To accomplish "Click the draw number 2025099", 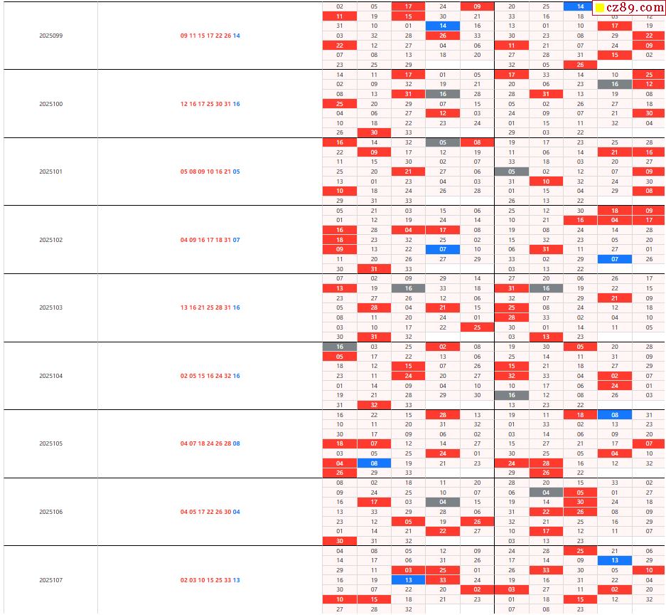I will [x=51, y=36].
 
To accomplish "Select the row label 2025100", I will [x=51, y=104].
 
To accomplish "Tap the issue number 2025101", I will [x=51, y=172].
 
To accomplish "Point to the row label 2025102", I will [x=51, y=240].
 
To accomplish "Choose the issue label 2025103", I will [x=51, y=307].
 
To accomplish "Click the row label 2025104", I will [x=51, y=376].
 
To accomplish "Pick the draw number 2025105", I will [x=51, y=443].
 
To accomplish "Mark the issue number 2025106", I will [x=51, y=512].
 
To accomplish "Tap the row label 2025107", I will [x=51, y=580].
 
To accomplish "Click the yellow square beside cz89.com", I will [x=600, y=9].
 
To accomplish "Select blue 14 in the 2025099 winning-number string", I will [x=237, y=36].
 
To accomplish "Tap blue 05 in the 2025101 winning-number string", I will [x=237, y=172].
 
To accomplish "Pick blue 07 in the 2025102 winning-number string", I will [x=237, y=240].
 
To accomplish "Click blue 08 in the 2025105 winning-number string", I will [x=237, y=443].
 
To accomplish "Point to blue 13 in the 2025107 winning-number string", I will [x=237, y=580].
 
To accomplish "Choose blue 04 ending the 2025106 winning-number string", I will [x=237, y=512].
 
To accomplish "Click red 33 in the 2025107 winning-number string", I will [x=228, y=580].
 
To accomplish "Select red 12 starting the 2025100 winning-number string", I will [x=184, y=104].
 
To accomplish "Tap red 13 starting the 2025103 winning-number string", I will [x=184, y=307].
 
